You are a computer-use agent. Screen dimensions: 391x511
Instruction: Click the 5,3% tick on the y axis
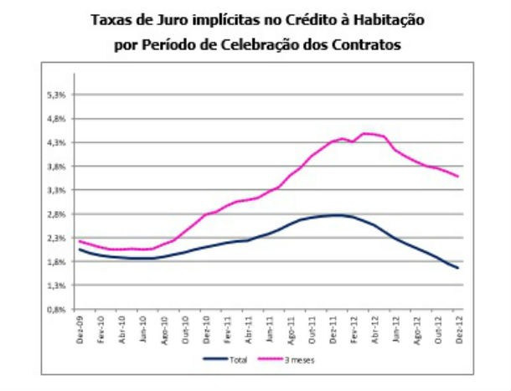[57, 95]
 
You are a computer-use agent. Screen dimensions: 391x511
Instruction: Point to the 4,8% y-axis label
[57, 119]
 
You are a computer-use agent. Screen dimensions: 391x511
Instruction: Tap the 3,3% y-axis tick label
[57, 190]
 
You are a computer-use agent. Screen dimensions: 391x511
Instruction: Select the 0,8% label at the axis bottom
[57, 309]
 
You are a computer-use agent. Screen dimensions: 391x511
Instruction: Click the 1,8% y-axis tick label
[57, 261]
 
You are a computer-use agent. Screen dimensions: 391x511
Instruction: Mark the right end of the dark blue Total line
[458, 268]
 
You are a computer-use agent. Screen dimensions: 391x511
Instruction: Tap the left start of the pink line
[80, 241]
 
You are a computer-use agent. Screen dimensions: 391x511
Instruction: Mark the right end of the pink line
[458, 176]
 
